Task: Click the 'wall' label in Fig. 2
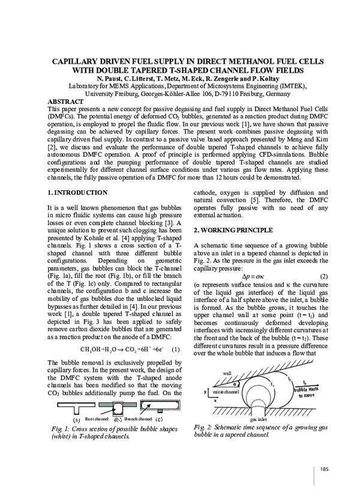(x=227, y=373)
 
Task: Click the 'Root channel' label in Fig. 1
(x=97, y=419)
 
